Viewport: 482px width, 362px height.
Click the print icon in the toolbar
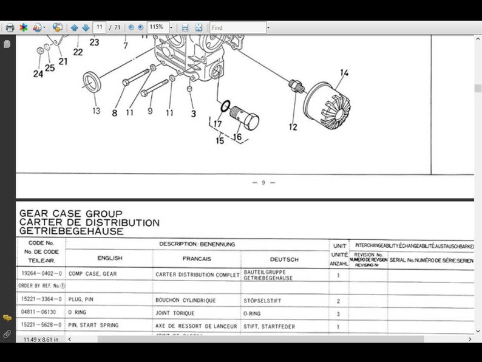10,27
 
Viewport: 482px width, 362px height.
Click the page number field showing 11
99,27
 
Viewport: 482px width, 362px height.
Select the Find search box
237,27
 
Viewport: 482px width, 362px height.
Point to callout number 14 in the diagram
344,73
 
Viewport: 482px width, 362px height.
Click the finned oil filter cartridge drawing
327,106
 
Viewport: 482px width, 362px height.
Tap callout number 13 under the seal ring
96,111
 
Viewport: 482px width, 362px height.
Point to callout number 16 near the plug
237,137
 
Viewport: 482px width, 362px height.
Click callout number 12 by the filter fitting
293,126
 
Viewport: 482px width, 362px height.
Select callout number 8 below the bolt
115,112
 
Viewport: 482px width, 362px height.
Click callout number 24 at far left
38,73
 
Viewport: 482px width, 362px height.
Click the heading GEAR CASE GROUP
71,214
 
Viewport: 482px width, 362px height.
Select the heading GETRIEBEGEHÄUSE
72,231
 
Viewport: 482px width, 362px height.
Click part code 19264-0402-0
41,275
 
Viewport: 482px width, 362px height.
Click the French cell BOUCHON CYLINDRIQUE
186,301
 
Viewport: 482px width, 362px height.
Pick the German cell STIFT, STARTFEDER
270,326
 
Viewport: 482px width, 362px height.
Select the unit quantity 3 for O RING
338,313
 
